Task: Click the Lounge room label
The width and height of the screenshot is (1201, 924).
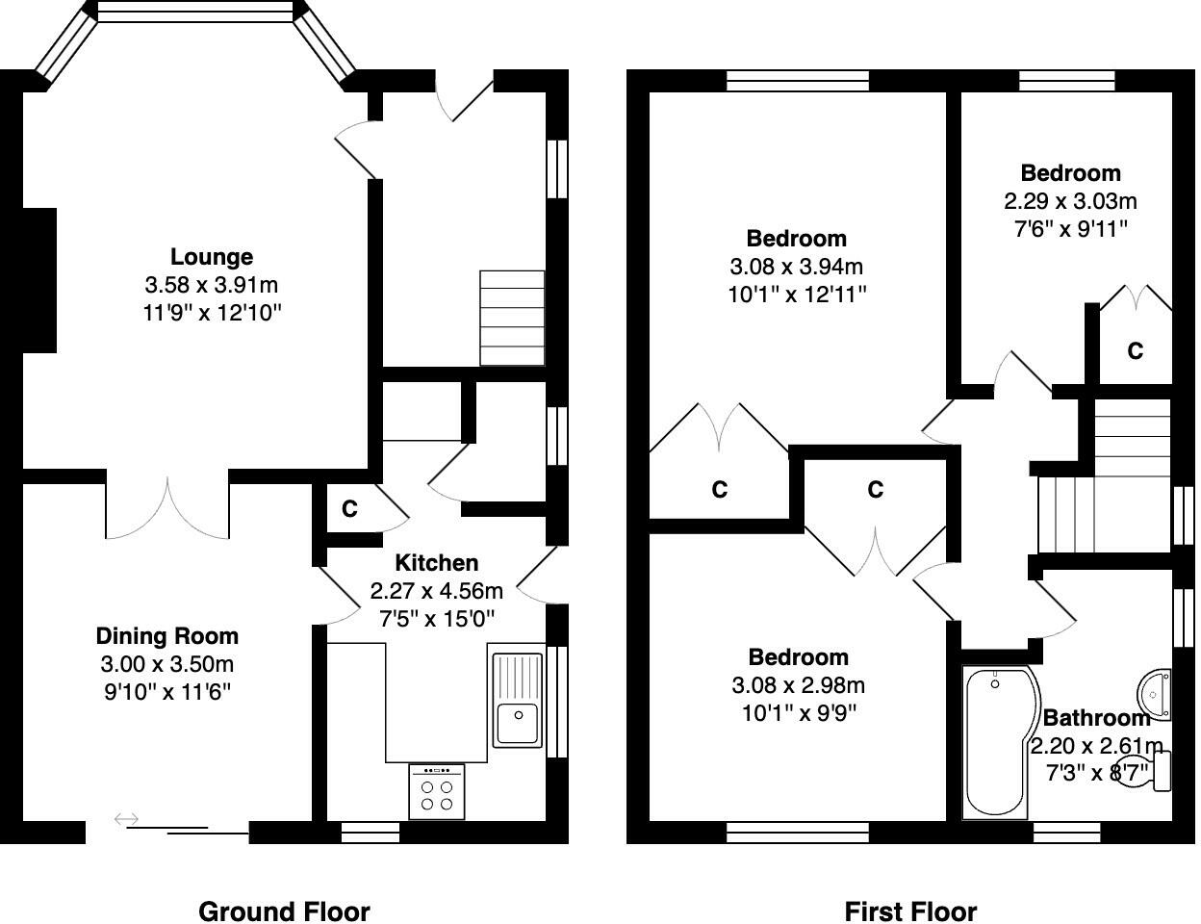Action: [212, 257]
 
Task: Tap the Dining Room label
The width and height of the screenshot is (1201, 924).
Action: [166, 636]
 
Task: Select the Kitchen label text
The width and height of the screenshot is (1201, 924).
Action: [437, 563]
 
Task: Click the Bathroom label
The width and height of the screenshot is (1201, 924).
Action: [1096, 718]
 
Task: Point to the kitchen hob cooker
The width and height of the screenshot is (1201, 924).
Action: [437, 791]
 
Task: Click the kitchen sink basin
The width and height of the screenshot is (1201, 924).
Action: [518, 723]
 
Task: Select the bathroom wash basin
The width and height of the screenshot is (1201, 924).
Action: [1155, 694]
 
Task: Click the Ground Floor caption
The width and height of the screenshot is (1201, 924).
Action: [284, 911]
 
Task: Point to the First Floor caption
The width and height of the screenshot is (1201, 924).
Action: [910, 911]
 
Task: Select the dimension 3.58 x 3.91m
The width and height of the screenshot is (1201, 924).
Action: [212, 285]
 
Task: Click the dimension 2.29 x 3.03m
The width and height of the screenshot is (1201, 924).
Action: [1070, 201]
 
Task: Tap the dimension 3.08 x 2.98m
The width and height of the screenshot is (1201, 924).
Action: [798, 686]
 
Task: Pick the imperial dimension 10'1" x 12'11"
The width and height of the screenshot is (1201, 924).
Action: [797, 295]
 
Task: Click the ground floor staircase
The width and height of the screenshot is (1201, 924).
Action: [512, 318]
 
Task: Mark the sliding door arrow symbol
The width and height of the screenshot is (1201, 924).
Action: [126, 819]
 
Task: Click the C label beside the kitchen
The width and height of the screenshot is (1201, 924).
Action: [349, 508]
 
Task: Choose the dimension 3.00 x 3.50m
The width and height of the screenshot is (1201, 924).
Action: [166, 664]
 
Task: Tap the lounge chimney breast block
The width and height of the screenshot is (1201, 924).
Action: [39, 280]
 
